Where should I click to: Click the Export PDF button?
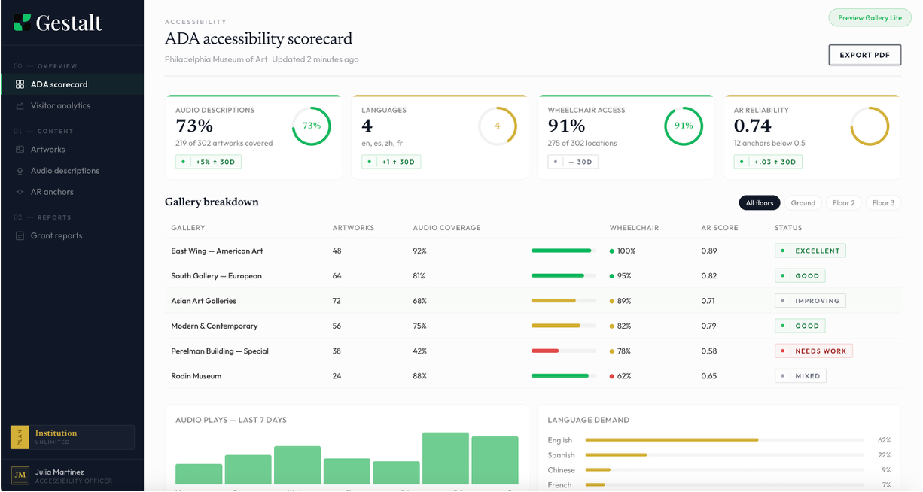click(x=864, y=55)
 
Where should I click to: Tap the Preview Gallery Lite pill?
click(x=870, y=18)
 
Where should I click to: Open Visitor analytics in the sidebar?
click(x=60, y=106)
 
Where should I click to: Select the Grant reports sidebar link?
click(x=56, y=236)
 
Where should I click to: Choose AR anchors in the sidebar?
click(x=52, y=192)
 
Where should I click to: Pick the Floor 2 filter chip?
click(x=843, y=203)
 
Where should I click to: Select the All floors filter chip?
click(x=759, y=203)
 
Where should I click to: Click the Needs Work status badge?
click(x=813, y=351)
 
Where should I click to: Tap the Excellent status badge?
click(x=810, y=251)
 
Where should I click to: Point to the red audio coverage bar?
click(x=545, y=351)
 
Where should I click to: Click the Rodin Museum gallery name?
click(x=196, y=376)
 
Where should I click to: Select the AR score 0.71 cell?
click(x=708, y=301)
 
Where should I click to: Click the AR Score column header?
click(x=719, y=228)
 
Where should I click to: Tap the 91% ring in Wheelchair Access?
click(x=683, y=126)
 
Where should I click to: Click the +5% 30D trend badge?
click(x=209, y=162)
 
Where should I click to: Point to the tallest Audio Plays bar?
click(x=446, y=458)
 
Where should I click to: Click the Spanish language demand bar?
click(x=616, y=455)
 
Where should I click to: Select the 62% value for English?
click(x=884, y=440)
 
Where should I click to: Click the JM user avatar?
click(x=20, y=475)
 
